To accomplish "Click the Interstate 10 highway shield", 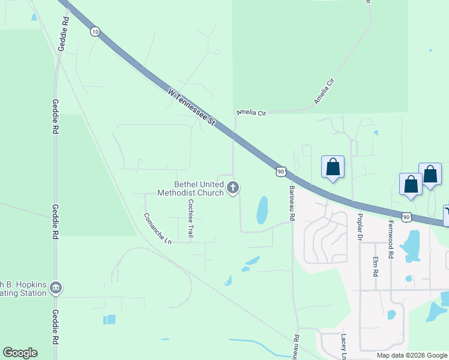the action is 95,31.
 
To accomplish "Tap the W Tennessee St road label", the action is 191,107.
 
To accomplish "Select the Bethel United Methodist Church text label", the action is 190,189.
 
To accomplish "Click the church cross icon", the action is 233,188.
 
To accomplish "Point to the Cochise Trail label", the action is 190,218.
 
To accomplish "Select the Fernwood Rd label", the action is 391,238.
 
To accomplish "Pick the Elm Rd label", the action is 375,266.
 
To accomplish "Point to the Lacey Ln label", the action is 345,347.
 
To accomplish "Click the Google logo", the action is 20,353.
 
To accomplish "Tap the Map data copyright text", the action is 411,355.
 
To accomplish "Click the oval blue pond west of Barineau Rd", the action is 262,210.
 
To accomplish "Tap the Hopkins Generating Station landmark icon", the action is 56,288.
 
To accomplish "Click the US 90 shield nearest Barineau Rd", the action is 280,172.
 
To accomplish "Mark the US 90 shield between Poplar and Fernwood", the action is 406,216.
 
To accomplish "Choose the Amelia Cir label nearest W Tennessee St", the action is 251,112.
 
